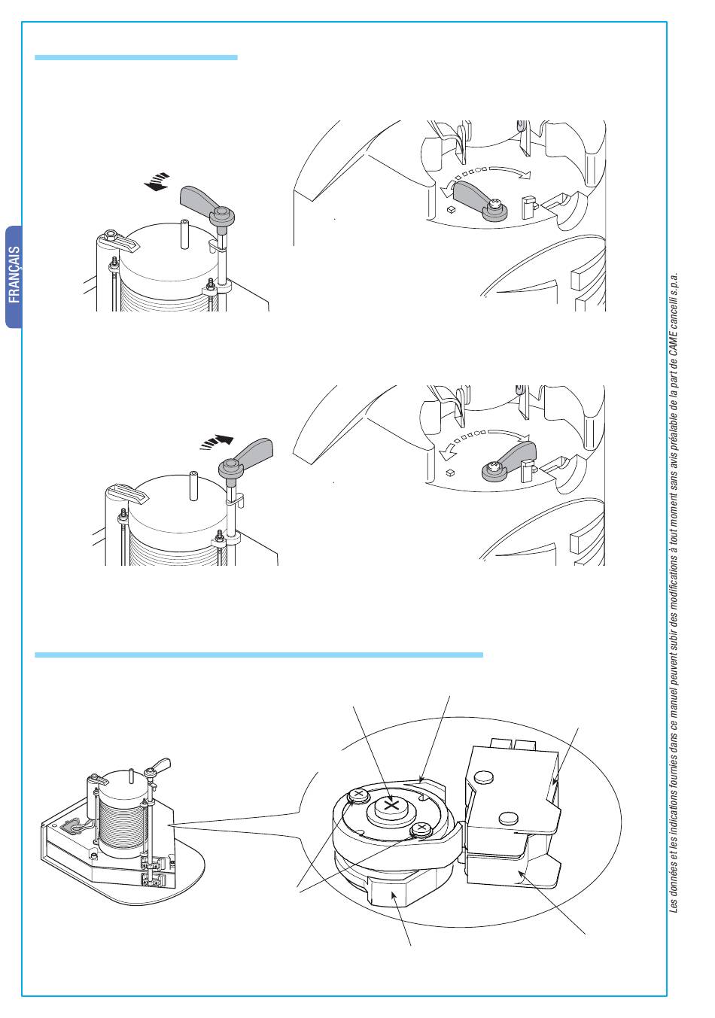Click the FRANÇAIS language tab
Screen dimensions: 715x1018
coord(14,276)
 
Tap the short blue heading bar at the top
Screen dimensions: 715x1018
coord(136,58)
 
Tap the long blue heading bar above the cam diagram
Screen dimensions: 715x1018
coord(259,655)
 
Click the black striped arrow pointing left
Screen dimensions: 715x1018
coord(157,181)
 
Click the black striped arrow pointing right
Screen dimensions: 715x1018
coord(217,442)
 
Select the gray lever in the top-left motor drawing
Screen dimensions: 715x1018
coord(207,204)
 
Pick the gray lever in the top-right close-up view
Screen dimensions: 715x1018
coord(480,200)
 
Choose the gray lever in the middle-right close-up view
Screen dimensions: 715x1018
coord(509,460)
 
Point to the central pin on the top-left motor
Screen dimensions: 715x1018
coord(184,233)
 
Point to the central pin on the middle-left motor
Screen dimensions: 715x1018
coord(193,485)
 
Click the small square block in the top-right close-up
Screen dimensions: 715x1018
coord(451,209)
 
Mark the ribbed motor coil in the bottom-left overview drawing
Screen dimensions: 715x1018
coord(123,833)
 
